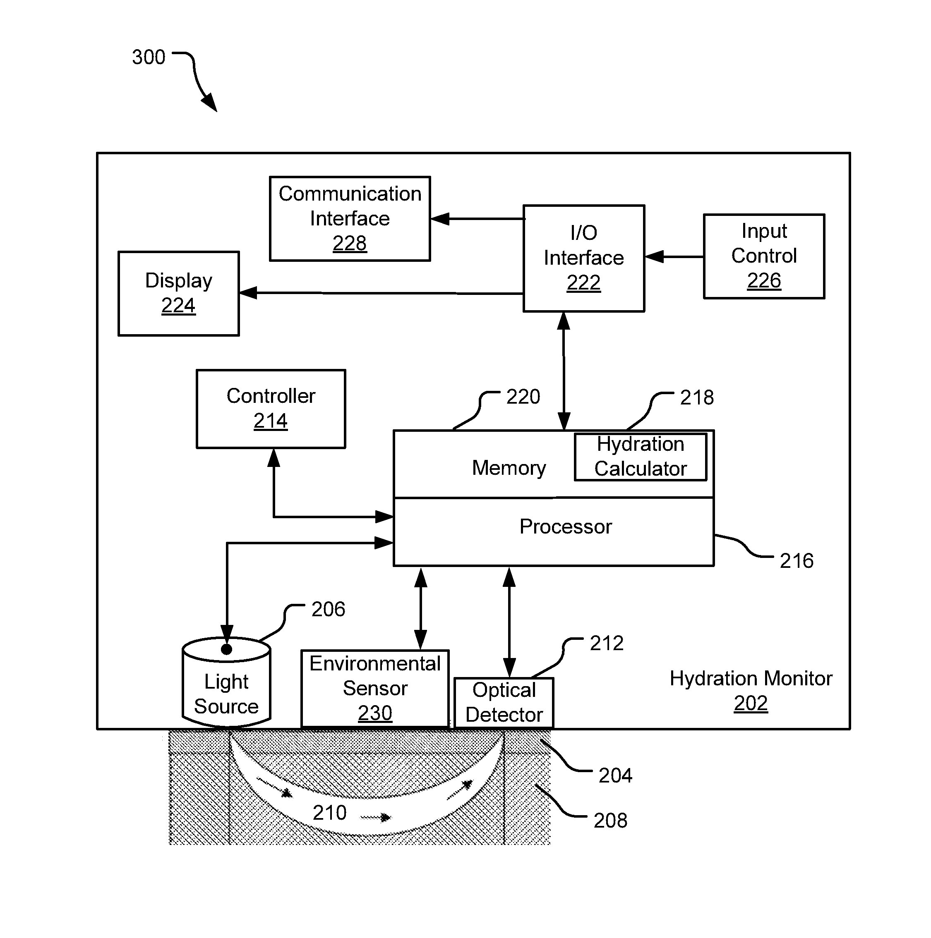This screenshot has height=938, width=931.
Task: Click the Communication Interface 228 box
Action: [350, 218]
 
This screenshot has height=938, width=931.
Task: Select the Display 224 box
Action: [179, 293]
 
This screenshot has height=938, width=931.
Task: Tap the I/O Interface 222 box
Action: [584, 258]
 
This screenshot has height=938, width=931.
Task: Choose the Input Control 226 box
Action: [764, 256]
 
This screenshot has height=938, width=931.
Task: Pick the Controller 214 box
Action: [271, 409]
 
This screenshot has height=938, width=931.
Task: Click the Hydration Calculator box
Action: [641, 457]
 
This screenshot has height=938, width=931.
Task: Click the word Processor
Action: [566, 527]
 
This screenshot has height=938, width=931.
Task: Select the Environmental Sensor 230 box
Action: [375, 689]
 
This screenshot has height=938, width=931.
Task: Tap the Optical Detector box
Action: [504, 703]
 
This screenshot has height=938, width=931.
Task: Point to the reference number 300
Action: [149, 57]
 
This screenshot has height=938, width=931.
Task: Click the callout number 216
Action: [797, 561]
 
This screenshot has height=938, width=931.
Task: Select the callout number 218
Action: [697, 397]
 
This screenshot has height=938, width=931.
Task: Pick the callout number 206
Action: [328, 609]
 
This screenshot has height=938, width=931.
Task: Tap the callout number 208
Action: [610, 821]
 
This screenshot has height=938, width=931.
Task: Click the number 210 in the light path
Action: [330, 813]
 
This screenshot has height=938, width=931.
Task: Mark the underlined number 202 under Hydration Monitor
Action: [751, 703]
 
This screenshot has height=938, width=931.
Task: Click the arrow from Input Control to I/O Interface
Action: [674, 256]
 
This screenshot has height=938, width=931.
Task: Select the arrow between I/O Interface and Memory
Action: [564, 371]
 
